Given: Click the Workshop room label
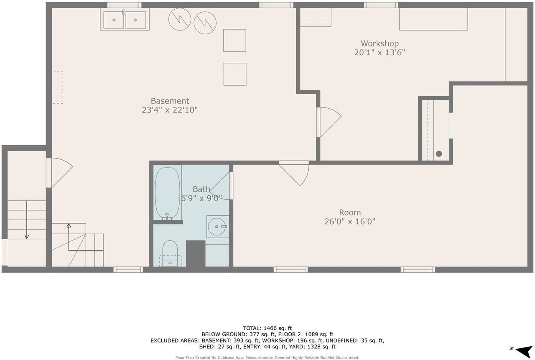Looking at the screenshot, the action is pyautogui.click(x=380, y=43).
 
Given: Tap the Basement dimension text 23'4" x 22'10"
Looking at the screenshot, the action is pyautogui.click(x=170, y=110).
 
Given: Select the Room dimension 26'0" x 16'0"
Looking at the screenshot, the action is pyautogui.click(x=350, y=222).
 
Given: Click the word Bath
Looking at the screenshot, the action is pyautogui.click(x=201, y=189).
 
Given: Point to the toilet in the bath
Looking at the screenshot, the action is pyautogui.click(x=170, y=253).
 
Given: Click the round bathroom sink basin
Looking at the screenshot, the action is pyautogui.click(x=217, y=227).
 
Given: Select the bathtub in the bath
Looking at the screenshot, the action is pyautogui.click(x=167, y=193).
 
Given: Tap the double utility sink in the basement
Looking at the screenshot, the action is pyautogui.click(x=125, y=20).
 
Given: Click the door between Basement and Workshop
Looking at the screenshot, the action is pyautogui.click(x=329, y=123).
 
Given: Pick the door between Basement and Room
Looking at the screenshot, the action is pyautogui.click(x=294, y=173).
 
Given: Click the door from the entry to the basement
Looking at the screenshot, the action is pyautogui.click(x=59, y=173).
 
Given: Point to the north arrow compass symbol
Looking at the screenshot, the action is pyautogui.click(x=522, y=351).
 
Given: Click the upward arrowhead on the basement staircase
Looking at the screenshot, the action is pyautogui.click(x=69, y=225).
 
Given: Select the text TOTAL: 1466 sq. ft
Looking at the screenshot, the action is pyautogui.click(x=267, y=328).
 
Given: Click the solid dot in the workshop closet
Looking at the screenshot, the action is pyautogui.click(x=439, y=153).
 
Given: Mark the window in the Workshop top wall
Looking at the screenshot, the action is pyautogui.click(x=381, y=5).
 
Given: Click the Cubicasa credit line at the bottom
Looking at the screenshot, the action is pyautogui.click(x=267, y=357).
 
